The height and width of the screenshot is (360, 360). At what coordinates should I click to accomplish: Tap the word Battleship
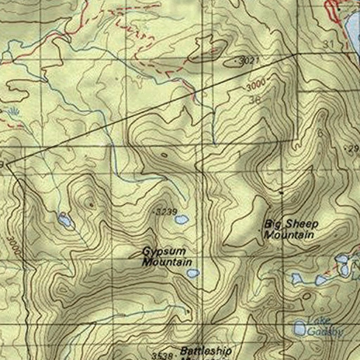(206, 351)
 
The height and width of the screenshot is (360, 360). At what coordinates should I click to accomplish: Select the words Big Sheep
(291, 224)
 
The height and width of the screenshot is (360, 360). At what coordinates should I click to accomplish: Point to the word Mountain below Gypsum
(167, 262)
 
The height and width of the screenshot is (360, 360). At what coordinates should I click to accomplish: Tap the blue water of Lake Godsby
(300, 328)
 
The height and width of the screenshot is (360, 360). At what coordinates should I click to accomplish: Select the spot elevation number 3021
(249, 61)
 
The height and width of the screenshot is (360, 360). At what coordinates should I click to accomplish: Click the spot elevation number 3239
(167, 212)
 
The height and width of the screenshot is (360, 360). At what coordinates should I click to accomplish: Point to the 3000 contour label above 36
(256, 85)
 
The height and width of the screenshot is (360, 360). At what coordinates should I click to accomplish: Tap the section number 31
(328, 44)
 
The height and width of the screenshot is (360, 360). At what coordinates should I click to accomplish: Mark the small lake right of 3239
(182, 220)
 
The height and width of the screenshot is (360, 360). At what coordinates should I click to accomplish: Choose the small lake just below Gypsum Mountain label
(193, 273)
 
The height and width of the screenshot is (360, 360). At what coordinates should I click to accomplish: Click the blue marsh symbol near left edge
(13, 112)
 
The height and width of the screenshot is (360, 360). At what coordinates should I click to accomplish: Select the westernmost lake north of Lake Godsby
(297, 279)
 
